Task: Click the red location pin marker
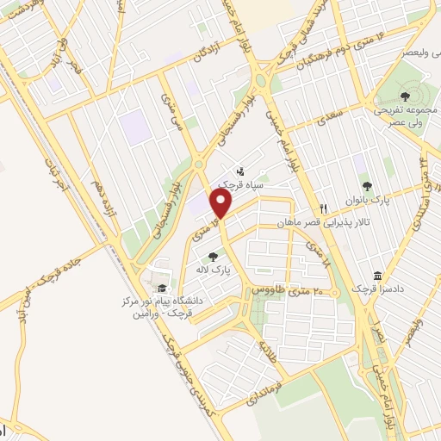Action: (x=221, y=205)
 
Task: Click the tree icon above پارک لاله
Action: (x=213, y=256)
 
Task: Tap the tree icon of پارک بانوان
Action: (x=367, y=185)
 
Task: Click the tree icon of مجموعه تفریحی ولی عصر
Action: (x=405, y=96)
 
